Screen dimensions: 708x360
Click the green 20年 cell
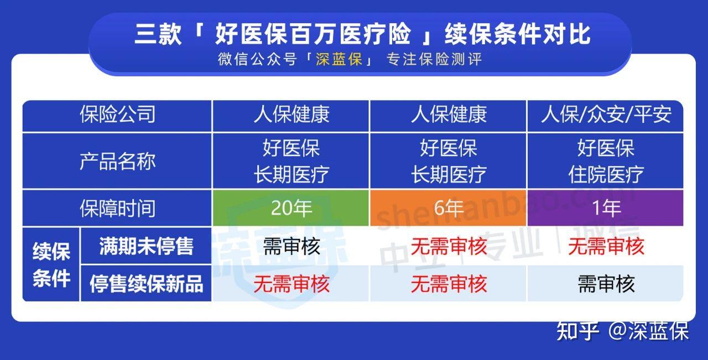tap(291, 208)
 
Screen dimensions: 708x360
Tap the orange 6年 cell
tap(448, 208)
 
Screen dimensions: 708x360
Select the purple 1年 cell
tap(606, 208)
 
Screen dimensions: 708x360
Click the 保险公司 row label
tap(117, 114)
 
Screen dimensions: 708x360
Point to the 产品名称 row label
tap(117, 161)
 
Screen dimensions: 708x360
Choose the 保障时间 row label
tap(117, 208)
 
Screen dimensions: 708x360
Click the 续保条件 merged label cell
tap(51, 264)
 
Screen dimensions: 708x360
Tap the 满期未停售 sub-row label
tap(146, 246)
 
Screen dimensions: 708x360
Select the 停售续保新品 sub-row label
tap(146, 284)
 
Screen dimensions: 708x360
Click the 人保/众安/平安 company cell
tap(606, 114)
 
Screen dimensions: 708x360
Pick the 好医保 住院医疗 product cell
tap(606, 161)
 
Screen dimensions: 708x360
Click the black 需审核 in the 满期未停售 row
tap(291, 246)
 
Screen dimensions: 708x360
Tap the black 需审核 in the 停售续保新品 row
tap(606, 284)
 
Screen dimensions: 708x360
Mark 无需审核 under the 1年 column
tap(606, 246)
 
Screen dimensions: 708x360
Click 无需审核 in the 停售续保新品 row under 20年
tap(291, 284)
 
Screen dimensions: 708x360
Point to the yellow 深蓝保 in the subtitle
tap(339, 59)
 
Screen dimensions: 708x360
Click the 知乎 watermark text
tap(577, 331)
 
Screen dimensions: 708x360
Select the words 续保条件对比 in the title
tap(517, 34)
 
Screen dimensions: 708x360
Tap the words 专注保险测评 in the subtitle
tap(434, 59)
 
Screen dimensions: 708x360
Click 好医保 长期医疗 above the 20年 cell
tap(291, 161)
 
